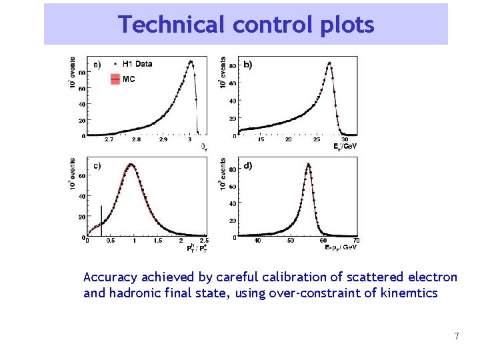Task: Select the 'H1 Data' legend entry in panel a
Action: [137, 64]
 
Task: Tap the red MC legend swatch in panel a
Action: [115, 79]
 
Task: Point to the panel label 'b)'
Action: [248, 65]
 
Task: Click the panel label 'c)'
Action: [97, 166]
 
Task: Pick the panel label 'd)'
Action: [248, 166]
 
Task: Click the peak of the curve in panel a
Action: [191, 61]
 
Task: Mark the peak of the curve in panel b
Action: [329, 63]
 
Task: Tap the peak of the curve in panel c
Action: [131, 165]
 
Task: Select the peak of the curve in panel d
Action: [308, 164]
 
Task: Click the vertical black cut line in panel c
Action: [101, 220]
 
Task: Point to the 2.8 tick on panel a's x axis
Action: [136, 141]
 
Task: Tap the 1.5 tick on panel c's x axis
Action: [158, 241]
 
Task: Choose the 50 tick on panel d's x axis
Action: [291, 241]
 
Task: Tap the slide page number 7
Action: [456, 336]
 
